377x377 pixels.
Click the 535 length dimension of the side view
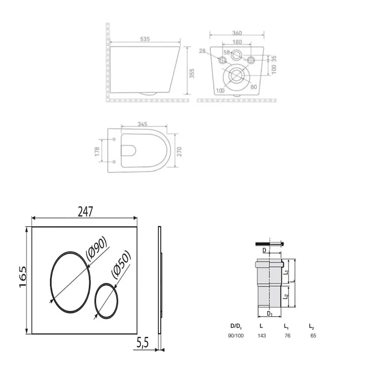coord(145,39)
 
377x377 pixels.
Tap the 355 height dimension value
coord(192,74)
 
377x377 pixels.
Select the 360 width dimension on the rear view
coord(237,33)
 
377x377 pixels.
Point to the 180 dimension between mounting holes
coord(237,42)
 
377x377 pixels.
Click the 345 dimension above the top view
coord(143,124)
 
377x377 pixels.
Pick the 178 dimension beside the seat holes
coord(97,152)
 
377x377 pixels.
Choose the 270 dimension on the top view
coord(179,152)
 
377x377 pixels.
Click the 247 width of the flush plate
coord(85,211)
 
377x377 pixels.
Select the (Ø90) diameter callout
coord(97,249)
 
